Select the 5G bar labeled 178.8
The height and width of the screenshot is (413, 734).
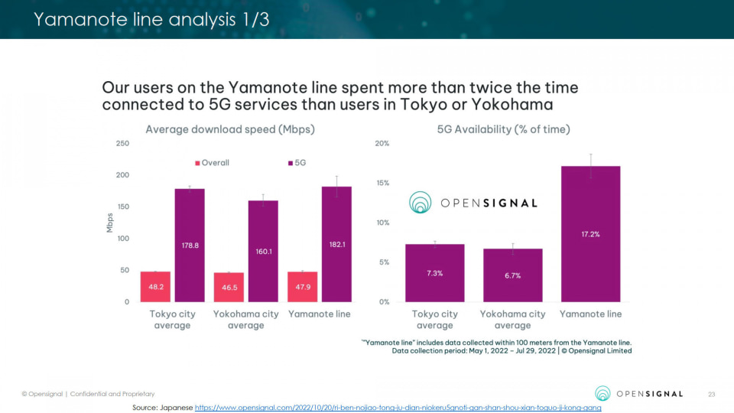(x=190, y=245)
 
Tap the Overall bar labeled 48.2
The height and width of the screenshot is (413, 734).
(x=155, y=287)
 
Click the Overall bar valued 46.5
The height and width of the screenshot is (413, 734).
(x=229, y=288)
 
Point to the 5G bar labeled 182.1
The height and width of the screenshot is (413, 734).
(x=336, y=244)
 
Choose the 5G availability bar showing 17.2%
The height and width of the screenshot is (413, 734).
(x=589, y=233)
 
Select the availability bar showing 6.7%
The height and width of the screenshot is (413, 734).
(x=512, y=275)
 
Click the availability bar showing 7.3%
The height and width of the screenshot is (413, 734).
(x=435, y=273)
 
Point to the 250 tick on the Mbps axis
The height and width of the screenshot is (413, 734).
(x=122, y=144)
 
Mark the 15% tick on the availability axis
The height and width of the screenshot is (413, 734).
(x=382, y=183)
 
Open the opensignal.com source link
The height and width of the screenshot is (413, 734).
(x=398, y=408)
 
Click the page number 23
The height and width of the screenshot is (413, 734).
(x=710, y=394)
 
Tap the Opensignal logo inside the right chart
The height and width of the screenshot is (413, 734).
(x=473, y=203)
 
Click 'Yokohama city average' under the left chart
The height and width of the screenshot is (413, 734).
(x=245, y=320)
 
